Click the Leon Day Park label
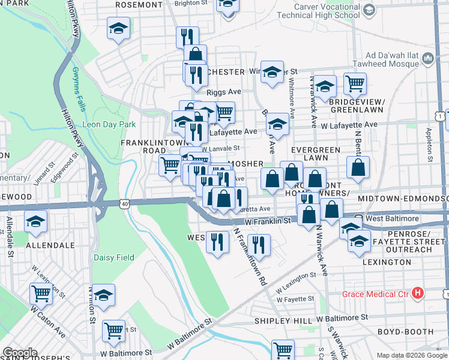pyautogui.click(x=101, y=125)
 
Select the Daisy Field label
pyautogui.click(x=113, y=257)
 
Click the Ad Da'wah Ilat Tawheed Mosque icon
pyautogui.click(x=429, y=58)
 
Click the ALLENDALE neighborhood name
pyautogui.click(x=50, y=245)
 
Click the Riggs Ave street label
pyautogui.click(x=223, y=92)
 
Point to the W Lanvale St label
pyautogui.click(x=220, y=148)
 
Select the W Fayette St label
pyautogui.click(x=295, y=298)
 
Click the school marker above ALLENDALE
pyautogui.click(x=35, y=221)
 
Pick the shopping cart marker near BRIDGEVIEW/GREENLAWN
pyautogui.click(x=355, y=83)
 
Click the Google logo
pyautogui.click(x=20, y=352)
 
